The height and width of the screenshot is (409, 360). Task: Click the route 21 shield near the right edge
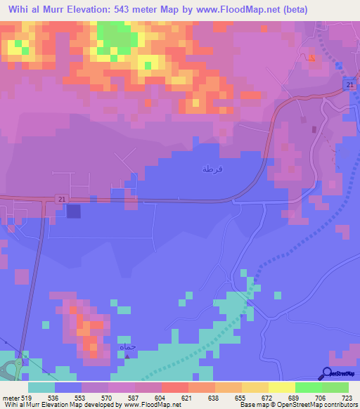pyautogui.click(x=349, y=85)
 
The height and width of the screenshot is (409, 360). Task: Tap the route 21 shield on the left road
pyautogui.click(x=63, y=200)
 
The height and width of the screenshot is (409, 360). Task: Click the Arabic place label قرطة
pyautogui.click(x=207, y=169)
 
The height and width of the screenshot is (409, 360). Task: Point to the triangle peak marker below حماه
pyautogui.click(x=127, y=355)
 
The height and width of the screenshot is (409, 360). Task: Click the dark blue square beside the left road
pyautogui.click(x=73, y=210)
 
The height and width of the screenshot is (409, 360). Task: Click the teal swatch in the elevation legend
pyautogui.click(x=41, y=387)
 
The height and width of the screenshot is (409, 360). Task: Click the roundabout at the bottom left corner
pyautogui.click(x=10, y=368)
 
